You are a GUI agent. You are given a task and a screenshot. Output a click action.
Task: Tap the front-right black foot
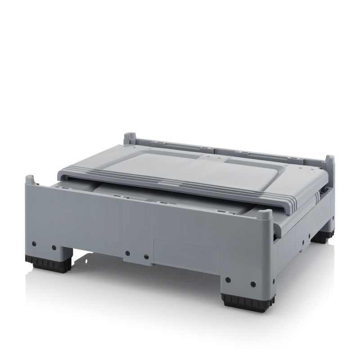pyautogui.click(x=239, y=301)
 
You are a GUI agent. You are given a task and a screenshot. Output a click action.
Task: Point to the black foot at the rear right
pyautogui.click(x=325, y=237)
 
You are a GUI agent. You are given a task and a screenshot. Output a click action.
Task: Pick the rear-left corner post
pyautogui.click(x=130, y=138)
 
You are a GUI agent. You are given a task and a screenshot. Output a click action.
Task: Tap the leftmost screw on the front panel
pyautogui.click(x=34, y=243)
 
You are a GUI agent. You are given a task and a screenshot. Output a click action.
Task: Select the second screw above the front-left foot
pyautogui.click(x=54, y=247)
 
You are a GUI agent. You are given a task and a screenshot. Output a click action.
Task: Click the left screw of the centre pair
pyautogui.click(x=127, y=253)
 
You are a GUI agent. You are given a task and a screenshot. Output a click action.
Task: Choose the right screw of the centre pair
pyautogui.click(x=146, y=257)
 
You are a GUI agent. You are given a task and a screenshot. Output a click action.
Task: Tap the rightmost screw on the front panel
pyautogui.click(x=253, y=284)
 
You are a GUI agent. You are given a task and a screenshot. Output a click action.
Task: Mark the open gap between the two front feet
pyautogui.click(x=135, y=274)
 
